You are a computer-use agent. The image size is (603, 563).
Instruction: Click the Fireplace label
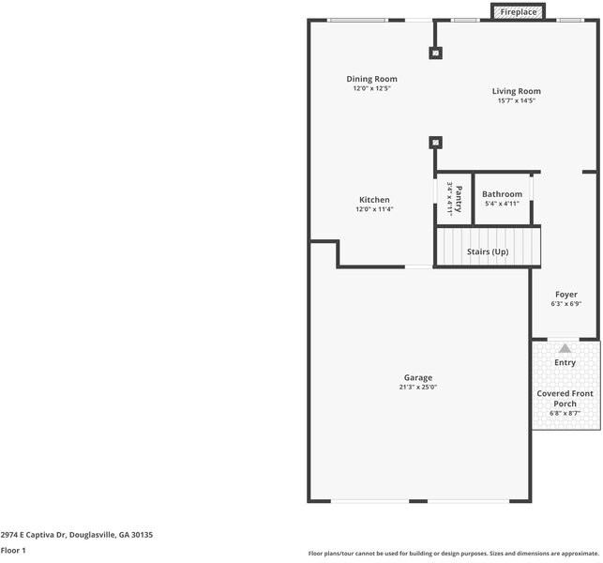coord(519,12)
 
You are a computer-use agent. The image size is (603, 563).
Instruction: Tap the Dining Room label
coord(371,79)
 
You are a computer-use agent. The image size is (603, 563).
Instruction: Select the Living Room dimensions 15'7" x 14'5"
coord(516,100)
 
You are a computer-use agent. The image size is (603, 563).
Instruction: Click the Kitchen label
coord(374,200)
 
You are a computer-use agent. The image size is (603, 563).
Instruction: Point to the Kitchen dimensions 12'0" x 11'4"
coord(374,209)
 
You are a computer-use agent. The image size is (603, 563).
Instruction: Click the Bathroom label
coord(502,194)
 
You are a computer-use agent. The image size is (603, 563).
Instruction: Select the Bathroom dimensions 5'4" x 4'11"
coord(502,204)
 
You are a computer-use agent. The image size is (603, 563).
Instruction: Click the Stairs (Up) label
coord(488,251)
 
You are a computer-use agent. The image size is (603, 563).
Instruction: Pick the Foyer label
coord(565,295)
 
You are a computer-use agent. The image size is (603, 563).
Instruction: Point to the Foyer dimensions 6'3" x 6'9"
coord(565,304)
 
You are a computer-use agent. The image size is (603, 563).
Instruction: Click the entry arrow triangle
coord(565,348)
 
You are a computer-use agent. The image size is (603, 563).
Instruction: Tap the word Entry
coord(565,362)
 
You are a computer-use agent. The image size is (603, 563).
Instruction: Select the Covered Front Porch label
coord(565,399)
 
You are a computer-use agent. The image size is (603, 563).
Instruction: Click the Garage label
coord(418,377)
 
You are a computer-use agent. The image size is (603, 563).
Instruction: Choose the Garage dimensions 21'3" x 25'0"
coord(418,387)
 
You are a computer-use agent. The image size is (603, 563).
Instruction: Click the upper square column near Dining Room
coord(435,53)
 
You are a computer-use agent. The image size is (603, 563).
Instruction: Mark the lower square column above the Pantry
coord(435,143)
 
